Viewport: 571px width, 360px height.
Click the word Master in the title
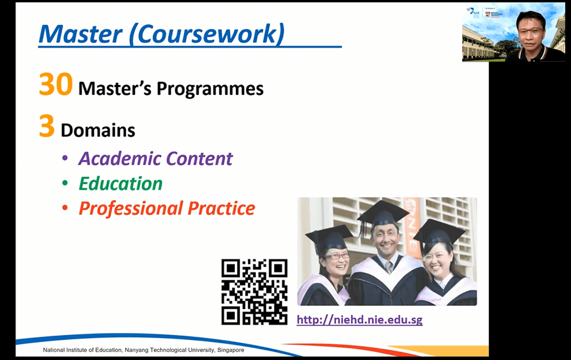click(81, 34)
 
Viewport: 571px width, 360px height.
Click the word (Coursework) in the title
click(207, 35)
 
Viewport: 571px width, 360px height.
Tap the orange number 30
click(56, 85)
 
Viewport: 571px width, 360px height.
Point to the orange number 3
click(47, 126)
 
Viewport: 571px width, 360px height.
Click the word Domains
click(98, 130)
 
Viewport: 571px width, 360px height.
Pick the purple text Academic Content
click(155, 158)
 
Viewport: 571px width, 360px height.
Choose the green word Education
click(120, 183)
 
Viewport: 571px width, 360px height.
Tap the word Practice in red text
click(222, 209)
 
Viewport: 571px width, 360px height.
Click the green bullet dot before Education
click(65, 183)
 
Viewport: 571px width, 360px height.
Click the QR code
click(254, 292)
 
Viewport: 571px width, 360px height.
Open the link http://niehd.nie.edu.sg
click(359, 320)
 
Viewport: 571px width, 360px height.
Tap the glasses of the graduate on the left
click(337, 256)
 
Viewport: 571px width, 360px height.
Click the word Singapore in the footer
click(230, 350)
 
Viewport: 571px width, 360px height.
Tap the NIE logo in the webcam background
click(473, 13)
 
